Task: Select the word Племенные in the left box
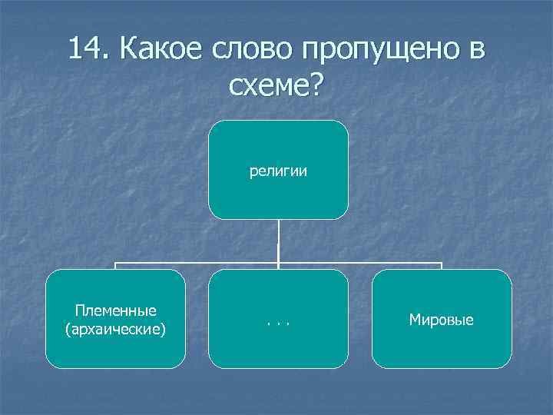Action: click(116, 310)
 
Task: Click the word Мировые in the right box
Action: click(442, 319)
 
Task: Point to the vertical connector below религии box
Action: click(278, 242)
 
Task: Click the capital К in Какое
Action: click(128, 48)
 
